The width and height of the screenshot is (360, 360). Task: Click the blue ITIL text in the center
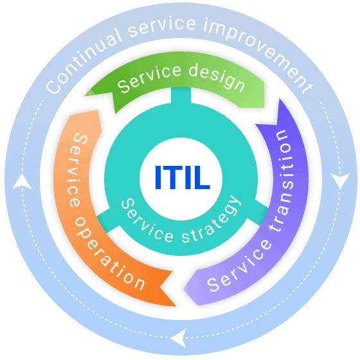pos(183,177)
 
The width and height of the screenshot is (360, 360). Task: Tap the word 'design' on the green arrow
pos(217,77)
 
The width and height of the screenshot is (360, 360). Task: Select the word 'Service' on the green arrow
pos(150,78)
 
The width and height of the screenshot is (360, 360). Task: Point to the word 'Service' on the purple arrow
pos(239,266)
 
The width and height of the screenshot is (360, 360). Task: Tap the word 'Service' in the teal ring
pos(147,221)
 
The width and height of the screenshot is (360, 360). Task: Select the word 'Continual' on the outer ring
pos(84,61)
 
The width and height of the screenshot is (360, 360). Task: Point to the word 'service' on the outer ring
pos(162,26)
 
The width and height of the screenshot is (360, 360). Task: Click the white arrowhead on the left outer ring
pos(22,182)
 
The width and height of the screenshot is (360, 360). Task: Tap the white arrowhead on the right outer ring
pos(340,181)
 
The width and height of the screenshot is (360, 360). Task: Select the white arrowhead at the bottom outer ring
pos(179,338)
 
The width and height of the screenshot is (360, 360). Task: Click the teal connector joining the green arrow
pos(181,95)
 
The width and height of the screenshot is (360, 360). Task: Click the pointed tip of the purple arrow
pos(185,290)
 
